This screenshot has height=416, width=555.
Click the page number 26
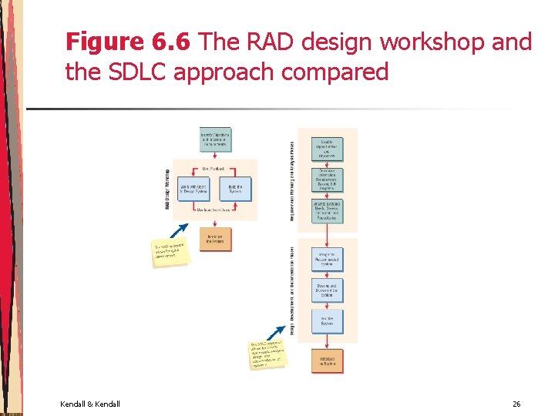pyautogui.click(x=516, y=404)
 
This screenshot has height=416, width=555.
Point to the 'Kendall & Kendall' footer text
pyautogui.click(x=89, y=404)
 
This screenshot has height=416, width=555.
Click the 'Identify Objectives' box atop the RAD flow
pyautogui.click(x=215, y=140)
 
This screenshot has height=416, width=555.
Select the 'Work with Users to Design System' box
pyautogui.click(x=193, y=190)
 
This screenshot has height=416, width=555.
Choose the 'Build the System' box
pyautogui.click(x=236, y=190)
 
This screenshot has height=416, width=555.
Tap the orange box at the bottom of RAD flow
pyautogui.click(x=215, y=239)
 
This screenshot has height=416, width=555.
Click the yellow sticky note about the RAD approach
pyautogui.click(x=170, y=253)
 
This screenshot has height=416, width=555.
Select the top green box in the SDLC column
pyautogui.click(x=327, y=149)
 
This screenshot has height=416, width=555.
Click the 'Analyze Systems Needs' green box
pyautogui.click(x=327, y=211)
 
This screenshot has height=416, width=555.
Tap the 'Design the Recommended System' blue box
pyautogui.click(x=327, y=260)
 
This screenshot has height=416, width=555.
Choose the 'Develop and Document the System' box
pyautogui.click(x=327, y=290)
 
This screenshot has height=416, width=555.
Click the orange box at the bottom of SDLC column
pyautogui.click(x=327, y=361)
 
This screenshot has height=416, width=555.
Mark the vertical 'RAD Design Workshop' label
pyautogui.click(x=166, y=189)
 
